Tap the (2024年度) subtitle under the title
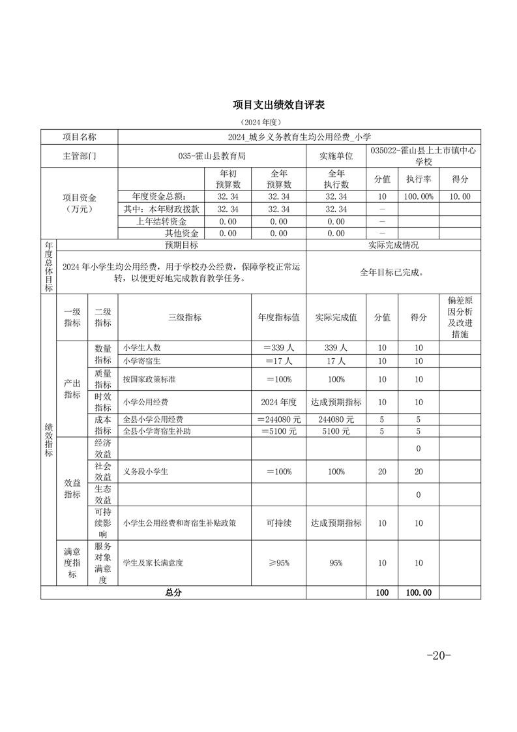click(259, 122)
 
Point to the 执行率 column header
click(419, 179)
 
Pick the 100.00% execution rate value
click(419, 196)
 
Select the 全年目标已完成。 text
click(393, 273)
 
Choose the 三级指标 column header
click(185, 317)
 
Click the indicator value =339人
click(278, 348)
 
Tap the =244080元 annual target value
click(278, 419)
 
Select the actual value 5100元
click(336, 431)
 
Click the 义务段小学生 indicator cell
click(145, 472)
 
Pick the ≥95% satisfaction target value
click(278, 563)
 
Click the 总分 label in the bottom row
click(173, 593)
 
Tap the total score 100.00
click(419, 593)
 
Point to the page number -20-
click(438, 656)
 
